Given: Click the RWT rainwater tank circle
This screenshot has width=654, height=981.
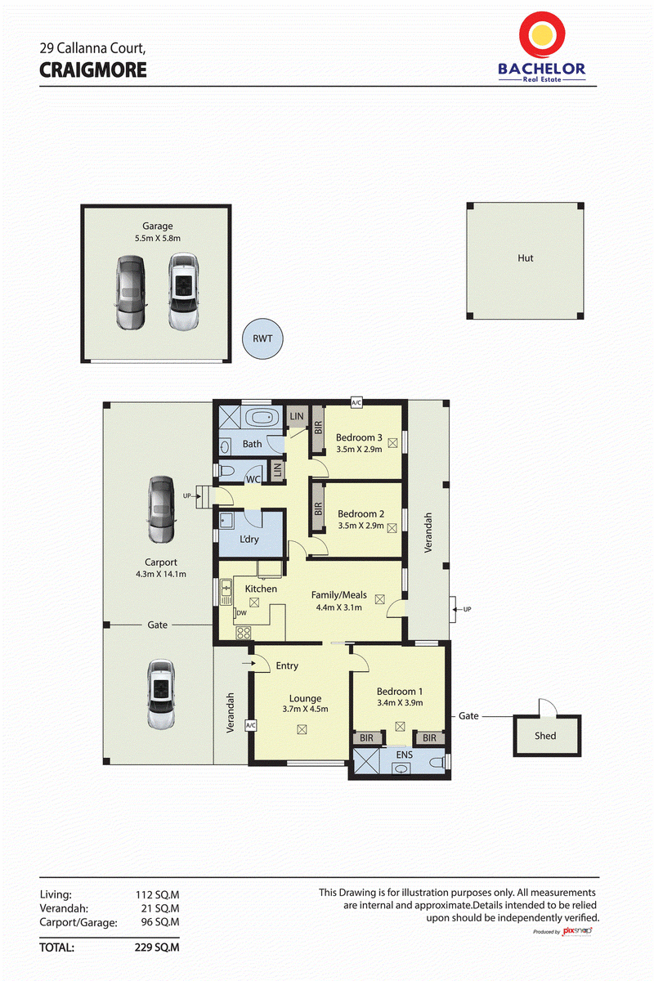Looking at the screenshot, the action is click(x=262, y=338).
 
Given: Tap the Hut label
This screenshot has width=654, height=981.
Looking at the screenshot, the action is click(x=525, y=258).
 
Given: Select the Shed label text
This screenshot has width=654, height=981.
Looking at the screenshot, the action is click(x=545, y=736).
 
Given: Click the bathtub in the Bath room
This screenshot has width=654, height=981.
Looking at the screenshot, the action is click(x=262, y=418).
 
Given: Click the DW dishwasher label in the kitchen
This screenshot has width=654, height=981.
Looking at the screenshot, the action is click(x=241, y=613).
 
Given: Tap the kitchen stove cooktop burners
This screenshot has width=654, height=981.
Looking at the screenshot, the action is click(x=244, y=633).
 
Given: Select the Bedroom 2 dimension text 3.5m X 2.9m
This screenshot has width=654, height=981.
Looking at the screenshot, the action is click(x=361, y=526).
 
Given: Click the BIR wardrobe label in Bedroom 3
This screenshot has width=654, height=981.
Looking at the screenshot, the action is click(x=319, y=428).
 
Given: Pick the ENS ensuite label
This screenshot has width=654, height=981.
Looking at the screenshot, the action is click(x=404, y=755).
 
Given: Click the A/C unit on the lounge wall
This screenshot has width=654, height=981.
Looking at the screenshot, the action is click(x=250, y=725).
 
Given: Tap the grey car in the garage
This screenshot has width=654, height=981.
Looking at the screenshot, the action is click(x=131, y=293).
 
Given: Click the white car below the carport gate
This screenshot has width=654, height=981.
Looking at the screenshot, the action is click(x=161, y=694).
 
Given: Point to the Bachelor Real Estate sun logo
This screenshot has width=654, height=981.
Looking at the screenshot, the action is click(x=542, y=34).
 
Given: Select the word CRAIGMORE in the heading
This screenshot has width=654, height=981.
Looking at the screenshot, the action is click(x=93, y=70).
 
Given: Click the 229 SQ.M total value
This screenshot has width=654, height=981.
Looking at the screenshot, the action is click(x=157, y=947).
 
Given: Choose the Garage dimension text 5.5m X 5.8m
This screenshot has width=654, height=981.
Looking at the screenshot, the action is click(x=158, y=238).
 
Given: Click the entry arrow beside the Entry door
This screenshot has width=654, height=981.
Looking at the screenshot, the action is click(x=249, y=663).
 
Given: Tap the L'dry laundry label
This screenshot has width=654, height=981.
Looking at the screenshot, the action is click(x=249, y=539).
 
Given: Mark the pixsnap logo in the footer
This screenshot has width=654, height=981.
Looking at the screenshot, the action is click(x=577, y=930).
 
